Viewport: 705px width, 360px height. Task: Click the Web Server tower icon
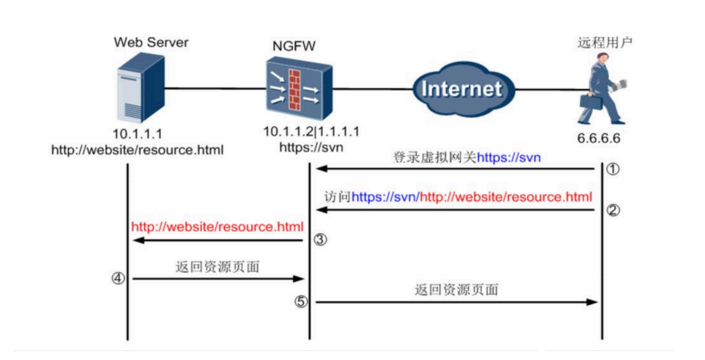click(141, 88)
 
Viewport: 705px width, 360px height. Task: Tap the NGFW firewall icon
click(297, 91)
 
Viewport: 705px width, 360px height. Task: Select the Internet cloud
click(461, 89)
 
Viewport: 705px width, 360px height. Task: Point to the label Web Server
click(151, 43)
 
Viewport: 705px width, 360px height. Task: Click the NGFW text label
click(294, 46)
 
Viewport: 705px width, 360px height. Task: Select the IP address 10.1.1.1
click(137, 134)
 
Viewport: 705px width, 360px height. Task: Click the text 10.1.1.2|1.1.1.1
click(311, 133)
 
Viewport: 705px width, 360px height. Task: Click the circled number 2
click(612, 210)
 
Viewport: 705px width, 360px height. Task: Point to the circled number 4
click(117, 279)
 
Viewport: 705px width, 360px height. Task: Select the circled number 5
click(300, 302)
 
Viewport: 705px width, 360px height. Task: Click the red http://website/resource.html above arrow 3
click(217, 226)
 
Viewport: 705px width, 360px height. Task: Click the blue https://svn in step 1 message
click(509, 158)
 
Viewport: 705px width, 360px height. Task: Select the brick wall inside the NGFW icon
click(295, 90)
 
